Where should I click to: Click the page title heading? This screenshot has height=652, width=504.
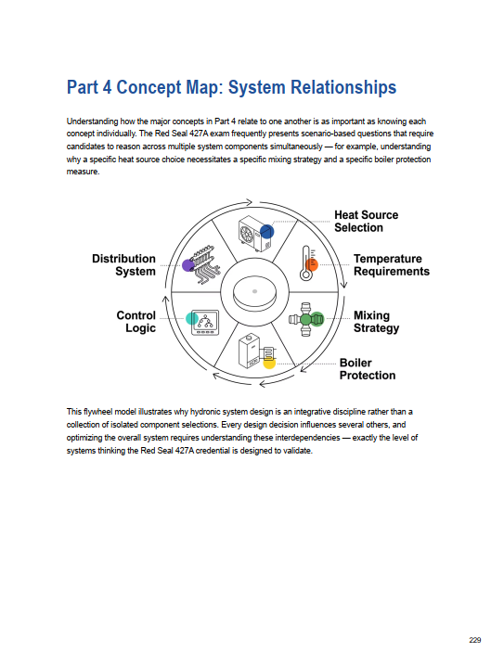click(x=231, y=87)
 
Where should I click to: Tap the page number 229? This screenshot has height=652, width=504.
click(x=475, y=640)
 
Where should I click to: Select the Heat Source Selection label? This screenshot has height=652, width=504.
click(x=367, y=222)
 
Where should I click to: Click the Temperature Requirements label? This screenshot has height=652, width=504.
click(x=391, y=265)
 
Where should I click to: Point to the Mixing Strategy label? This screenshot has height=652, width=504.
click(x=376, y=322)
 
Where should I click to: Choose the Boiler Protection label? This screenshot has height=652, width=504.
click(x=368, y=369)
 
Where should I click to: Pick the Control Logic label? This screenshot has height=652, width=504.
click(x=136, y=322)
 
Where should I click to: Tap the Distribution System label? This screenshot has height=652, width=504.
click(x=123, y=265)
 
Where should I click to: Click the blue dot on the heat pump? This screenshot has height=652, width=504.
click(x=266, y=232)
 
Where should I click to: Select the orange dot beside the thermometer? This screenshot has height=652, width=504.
click(x=312, y=264)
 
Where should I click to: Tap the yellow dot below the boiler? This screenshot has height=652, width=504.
click(x=269, y=363)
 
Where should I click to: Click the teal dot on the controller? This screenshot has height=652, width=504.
click(x=192, y=318)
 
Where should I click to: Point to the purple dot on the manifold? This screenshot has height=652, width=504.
click(x=188, y=265)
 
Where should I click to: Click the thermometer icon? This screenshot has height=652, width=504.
click(x=307, y=262)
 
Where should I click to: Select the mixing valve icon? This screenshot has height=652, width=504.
click(x=306, y=319)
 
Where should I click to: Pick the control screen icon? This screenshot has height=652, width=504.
click(x=205, y=322)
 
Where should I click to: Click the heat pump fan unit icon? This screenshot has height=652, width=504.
click(x=255, y=234)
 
